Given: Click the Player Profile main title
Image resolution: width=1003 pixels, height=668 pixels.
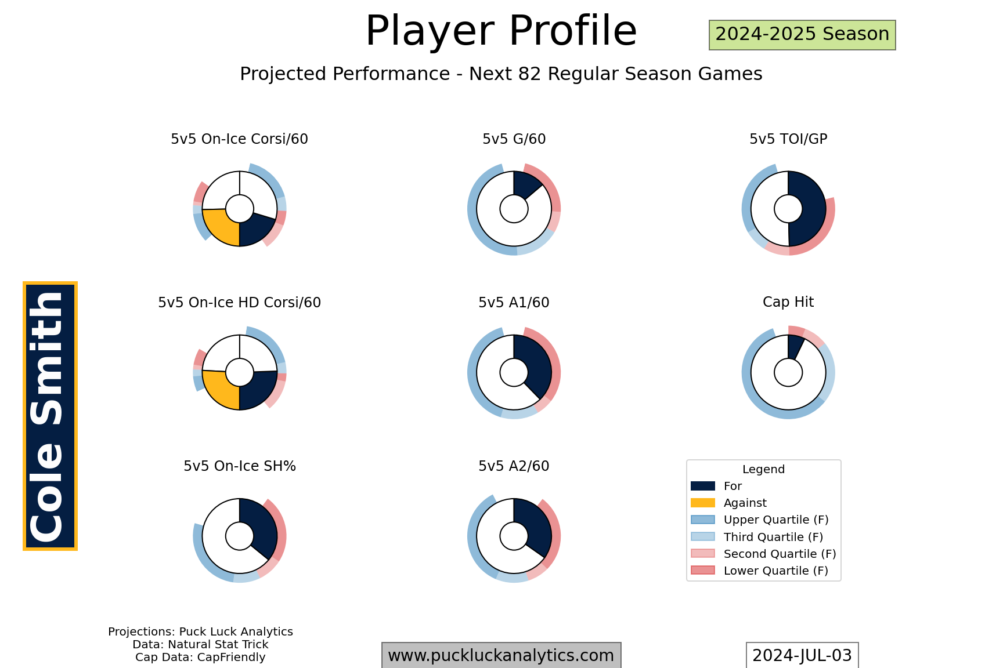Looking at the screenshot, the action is pos(501,31).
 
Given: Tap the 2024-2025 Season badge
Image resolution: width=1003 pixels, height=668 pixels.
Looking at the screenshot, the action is pos(802,35).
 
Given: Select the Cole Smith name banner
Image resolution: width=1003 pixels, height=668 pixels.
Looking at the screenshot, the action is pos(50,416).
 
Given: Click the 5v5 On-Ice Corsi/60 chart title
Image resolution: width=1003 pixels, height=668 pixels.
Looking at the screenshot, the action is pos(239,139).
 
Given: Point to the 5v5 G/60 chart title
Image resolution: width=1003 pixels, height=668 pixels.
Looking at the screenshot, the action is pos(514,139).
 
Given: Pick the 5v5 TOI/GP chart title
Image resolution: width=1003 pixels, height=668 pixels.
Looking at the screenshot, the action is pos(788,139).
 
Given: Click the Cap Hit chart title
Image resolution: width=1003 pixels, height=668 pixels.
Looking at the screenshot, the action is pos(788,302).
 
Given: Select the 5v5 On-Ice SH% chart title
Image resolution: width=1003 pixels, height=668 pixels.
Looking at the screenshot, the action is pos(240,466).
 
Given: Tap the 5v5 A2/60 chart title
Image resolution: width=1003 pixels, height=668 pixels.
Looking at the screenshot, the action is pos(514,466).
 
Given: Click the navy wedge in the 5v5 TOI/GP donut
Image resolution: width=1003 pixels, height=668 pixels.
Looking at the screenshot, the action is pos(809,209).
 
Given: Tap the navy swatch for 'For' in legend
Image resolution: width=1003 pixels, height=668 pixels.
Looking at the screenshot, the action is pos(702,486).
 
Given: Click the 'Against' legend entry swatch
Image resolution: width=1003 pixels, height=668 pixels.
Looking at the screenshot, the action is pos(702,503).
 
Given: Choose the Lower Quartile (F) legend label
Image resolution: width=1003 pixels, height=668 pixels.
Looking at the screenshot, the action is pos(776,571).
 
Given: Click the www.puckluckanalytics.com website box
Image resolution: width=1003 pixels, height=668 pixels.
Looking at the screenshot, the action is pos(501,655).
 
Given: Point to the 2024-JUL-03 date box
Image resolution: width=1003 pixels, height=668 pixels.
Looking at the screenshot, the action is pos(802,655).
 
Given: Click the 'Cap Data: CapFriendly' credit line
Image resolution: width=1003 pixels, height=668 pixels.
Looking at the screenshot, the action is pos(200,658).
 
